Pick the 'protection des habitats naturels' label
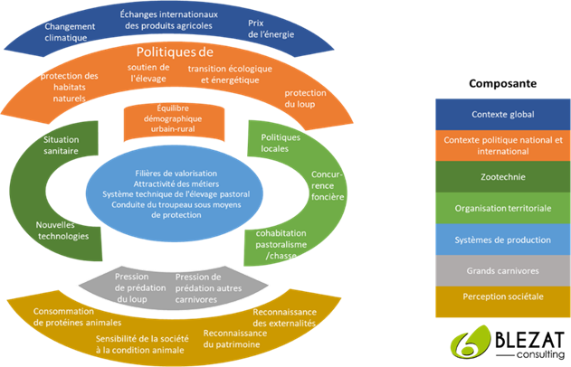pyautogui.click(x=69, y=87)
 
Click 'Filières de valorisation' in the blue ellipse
pyautogui.click(x=175, y=170)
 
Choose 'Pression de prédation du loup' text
pyautogui.click(x=138, y=287)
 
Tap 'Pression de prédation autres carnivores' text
pyautogui.click(x=205, y=287)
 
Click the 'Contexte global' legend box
pyautogui.click(x=503, y=115)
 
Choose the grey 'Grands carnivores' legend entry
pyautogui.click(x=503, y=270)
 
